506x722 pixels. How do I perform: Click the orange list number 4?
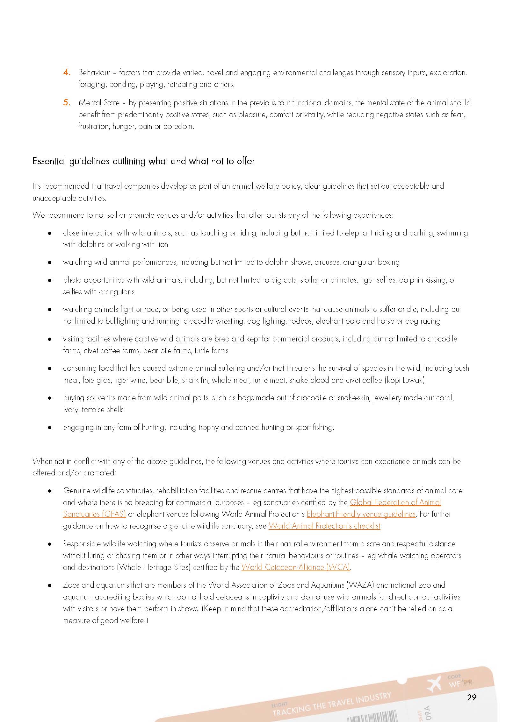67,73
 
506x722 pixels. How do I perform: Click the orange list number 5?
67,102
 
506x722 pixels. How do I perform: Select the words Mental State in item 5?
98,103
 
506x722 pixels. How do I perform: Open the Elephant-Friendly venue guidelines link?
361,514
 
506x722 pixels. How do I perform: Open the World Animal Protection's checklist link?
324,526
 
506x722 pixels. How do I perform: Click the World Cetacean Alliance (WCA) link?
296,567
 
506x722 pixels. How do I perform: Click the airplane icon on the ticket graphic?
435,683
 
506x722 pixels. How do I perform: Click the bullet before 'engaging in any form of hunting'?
49,428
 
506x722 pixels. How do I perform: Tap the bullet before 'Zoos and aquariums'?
49,585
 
